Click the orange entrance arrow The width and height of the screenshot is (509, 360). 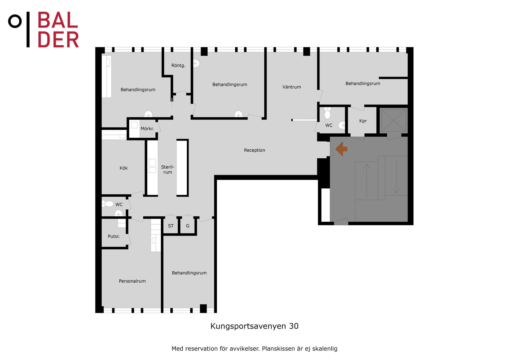[341, 149]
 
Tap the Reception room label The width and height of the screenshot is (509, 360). [254, 150]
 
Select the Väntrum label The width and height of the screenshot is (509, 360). [292, 87]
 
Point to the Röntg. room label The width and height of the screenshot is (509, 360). [178, 65]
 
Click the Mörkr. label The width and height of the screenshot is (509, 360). [147, 129]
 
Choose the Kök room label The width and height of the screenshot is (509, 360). [124, 168]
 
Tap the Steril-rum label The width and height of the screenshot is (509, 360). [168, 169]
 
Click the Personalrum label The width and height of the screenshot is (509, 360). [132, 281]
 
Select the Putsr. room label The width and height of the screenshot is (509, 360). [114, 236]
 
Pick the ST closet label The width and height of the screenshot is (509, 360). [171, 226]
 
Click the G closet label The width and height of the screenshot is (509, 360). [188, 226]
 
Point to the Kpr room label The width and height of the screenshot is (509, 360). [363, 121]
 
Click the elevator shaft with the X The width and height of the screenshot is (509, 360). [394, 121]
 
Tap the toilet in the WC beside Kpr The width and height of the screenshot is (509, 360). [328, 113]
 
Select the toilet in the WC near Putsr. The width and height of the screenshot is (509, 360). [108, 204]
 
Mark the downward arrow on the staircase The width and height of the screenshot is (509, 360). [396, 176]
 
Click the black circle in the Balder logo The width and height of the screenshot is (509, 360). [15, 21]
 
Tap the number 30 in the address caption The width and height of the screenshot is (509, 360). [294, 326]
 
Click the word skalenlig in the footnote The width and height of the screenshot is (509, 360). [325, 349]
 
